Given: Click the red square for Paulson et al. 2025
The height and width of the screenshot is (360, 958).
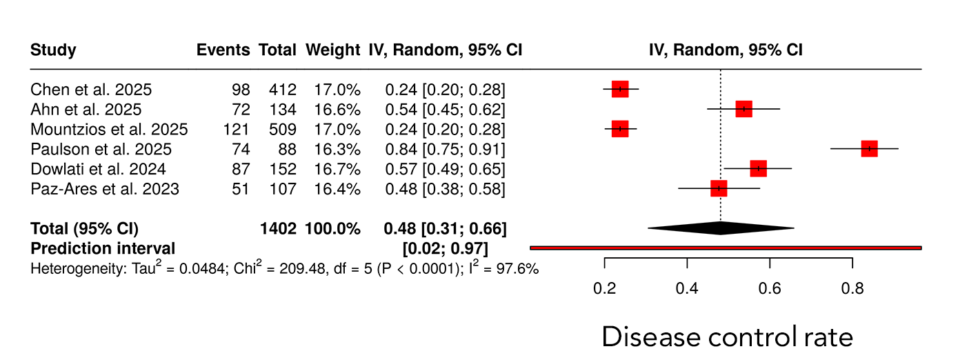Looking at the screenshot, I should tap(869, 148).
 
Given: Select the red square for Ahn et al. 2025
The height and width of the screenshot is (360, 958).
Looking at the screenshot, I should tap(744, 109).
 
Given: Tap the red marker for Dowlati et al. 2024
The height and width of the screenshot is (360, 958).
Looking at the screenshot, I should tap(758, 168).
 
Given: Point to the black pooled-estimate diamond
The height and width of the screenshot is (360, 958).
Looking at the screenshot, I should tap(721, 228).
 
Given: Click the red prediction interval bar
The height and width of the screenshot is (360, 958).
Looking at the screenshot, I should tap(726, 247).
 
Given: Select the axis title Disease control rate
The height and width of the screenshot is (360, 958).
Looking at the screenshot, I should tap(728, 337).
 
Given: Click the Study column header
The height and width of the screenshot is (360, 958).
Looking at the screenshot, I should tap(53, 50).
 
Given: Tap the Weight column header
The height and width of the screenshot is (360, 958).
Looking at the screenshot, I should tap(333, 50).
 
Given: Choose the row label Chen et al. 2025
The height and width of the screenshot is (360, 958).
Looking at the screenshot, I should tap(91, 90).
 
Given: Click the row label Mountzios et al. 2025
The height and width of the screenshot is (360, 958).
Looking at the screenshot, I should tap(109, 129).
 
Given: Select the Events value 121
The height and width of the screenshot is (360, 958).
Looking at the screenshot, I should tap(237, 129).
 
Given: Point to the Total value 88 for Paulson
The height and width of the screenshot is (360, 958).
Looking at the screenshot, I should tap(285, 149).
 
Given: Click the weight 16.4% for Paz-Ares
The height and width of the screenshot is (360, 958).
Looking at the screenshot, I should tap(338, 188).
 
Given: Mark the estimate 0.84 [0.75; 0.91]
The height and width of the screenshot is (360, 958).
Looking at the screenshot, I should tap(445, 149).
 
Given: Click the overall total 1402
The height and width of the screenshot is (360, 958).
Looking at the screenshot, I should tap(277, 228).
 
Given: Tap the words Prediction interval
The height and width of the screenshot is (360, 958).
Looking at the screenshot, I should tap(103, 248).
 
